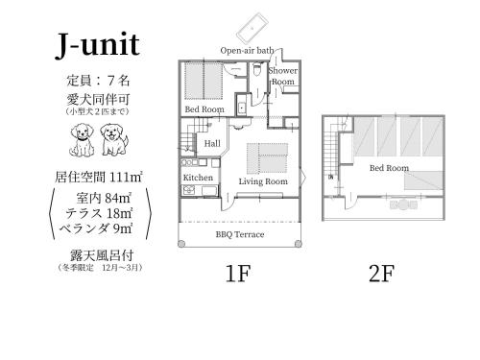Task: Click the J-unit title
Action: (x=98, y=45)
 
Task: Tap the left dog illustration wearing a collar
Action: (x=82, y=140)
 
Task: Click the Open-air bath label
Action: (x=247, y=51)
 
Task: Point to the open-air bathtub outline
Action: (x=252, y=29)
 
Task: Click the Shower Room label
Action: (x=283, y=76)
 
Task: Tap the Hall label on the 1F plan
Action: (x=212, y=143)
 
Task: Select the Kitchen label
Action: (x=198, y=178)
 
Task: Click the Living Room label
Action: (x=263, y=181)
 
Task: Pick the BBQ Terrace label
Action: (x=240, y=234)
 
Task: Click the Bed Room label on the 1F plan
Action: (x=204, y=109)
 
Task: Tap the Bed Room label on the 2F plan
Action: (x=389, y=168)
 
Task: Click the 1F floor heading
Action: (x=237, y=274)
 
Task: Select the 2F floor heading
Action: (x=381, y=274)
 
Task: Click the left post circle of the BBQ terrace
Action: (x=181, y=244)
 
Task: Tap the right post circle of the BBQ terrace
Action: (x=298, y=244)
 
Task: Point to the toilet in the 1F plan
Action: (x=256, y=70)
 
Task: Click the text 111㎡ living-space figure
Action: (x=126, y=177)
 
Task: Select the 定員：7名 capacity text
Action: (x=98, y=80)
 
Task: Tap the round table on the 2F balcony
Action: (x=404, y=204)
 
